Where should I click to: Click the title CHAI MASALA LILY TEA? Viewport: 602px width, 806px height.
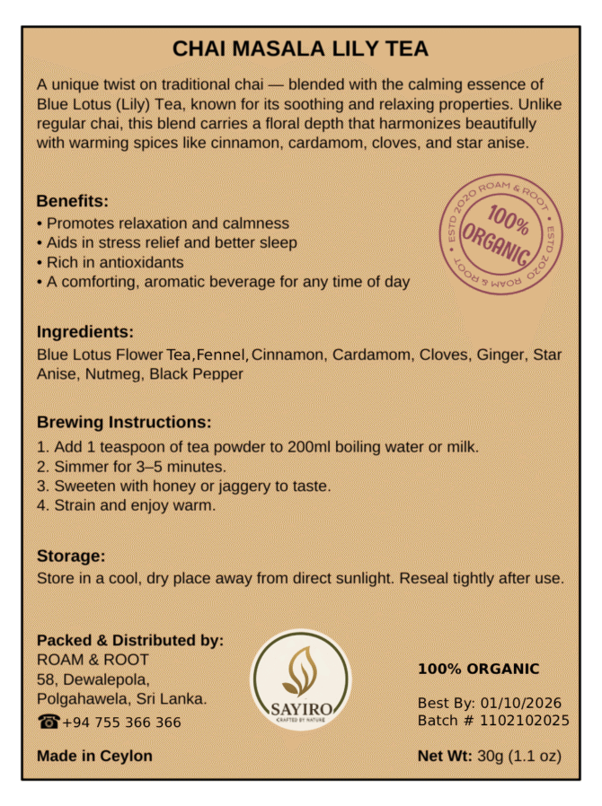pos(300,48)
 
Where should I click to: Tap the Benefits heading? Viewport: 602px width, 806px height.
pos(73,200)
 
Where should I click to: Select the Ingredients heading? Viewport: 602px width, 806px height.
pos(85,331)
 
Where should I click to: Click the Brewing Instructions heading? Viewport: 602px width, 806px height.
pos(124,422)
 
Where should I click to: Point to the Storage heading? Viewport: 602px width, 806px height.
pos(71,556)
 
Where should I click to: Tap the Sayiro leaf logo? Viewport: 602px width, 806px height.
pos(300,679)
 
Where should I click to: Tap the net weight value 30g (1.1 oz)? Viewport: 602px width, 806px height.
pos(519,756)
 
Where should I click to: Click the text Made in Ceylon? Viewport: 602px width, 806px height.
pos(94,756)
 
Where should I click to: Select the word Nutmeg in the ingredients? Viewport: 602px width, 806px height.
pos(114,373)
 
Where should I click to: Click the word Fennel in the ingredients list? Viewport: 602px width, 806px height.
pos(222,355)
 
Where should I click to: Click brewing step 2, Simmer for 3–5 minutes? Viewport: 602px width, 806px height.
pos(131,466)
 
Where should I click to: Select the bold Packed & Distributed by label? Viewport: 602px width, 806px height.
pos(130,641)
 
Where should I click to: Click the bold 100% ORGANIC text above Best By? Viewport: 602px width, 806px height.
pos(479,669)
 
